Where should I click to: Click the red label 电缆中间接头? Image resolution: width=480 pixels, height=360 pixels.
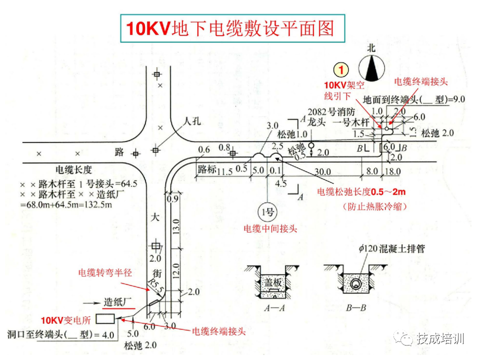point(270,229)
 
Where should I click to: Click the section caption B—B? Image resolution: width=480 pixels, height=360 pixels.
point(355,308)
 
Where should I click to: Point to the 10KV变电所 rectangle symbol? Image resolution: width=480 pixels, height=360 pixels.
point(105,319)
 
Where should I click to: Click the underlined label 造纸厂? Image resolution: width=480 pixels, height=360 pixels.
point(117,302)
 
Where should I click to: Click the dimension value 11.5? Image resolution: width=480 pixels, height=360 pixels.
point(225,171)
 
